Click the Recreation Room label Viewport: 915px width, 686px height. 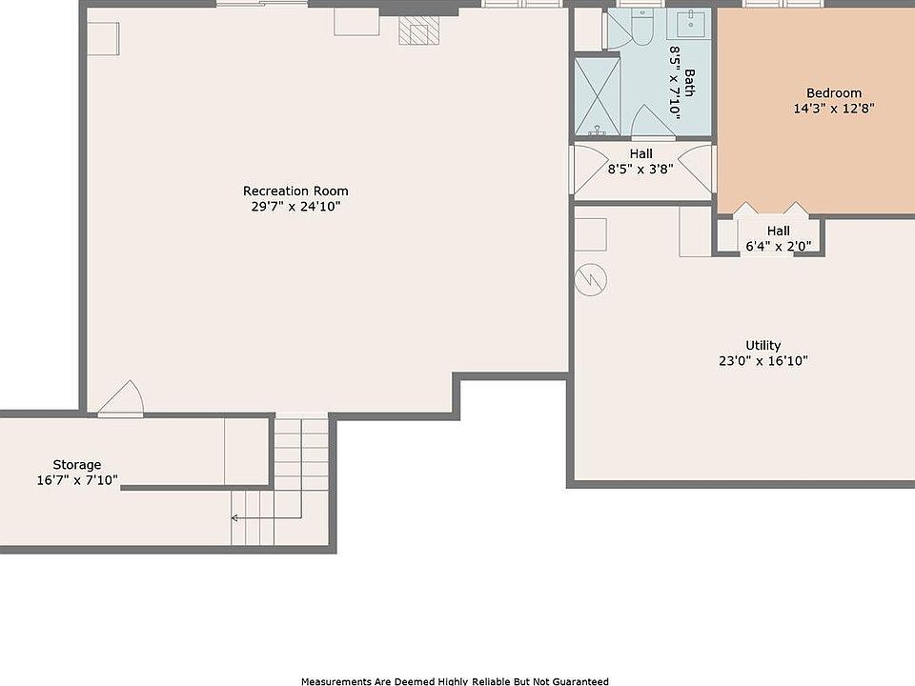point(295,191)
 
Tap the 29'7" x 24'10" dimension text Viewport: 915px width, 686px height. point(295,206)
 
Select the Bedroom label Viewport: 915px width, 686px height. point(834,92)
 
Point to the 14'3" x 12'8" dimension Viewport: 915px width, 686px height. point(834,108)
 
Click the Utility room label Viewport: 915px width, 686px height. point(762,345)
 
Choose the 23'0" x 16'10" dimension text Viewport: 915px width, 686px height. point(762,360)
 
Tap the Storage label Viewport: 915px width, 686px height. point(77,465)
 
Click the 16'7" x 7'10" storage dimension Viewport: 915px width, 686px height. point(77,480)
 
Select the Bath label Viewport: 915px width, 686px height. point(689,83)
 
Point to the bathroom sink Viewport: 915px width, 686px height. point(690,23)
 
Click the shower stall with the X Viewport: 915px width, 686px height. point(597,95)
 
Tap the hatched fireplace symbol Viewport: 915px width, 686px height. point(418,30)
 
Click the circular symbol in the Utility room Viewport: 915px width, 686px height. point(591,279)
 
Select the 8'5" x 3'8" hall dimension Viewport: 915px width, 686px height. point(640,170)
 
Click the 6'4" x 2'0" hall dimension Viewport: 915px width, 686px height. point(778,246)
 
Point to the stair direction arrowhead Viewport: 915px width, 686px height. point(234,517)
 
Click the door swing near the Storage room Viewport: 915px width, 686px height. point(120,399)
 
